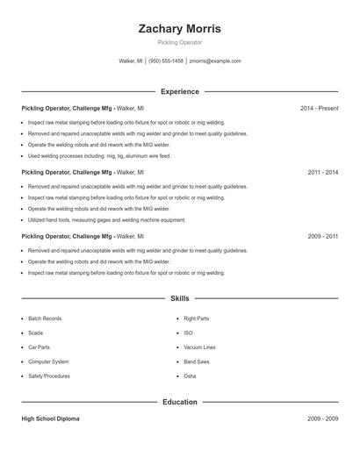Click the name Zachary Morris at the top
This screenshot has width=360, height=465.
[x=179, y=29]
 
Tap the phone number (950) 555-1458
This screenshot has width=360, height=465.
[x=166, y=61]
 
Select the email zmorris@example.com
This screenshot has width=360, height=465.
[x=214, y=61]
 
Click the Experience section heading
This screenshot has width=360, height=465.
[x=179, y=91]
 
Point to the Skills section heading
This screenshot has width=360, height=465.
[x=179, y=299]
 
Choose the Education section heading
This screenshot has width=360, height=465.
[x=179, y=402]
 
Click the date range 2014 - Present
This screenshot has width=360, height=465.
[x=319, y=109]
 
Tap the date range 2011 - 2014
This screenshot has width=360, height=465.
[x=322, y=173]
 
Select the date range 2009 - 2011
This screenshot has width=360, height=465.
[x=322, y=237]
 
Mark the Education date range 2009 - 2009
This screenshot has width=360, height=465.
[x=322, y=419]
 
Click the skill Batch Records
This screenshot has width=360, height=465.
[x=45, y=318]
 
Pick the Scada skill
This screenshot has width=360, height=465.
[x=35, y=333]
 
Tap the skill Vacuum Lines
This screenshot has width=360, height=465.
[x=199, y=347]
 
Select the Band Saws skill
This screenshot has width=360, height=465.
[x=197, y=361]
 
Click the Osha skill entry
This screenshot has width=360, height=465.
[x=190, y=376]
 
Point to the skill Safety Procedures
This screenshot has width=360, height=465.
[x=49, y=376]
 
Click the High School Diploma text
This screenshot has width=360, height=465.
[x=52, y=419]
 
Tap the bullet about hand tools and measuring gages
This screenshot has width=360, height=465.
[x=106, y=219]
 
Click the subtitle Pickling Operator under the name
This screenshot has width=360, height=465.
[x=179, y=42]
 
